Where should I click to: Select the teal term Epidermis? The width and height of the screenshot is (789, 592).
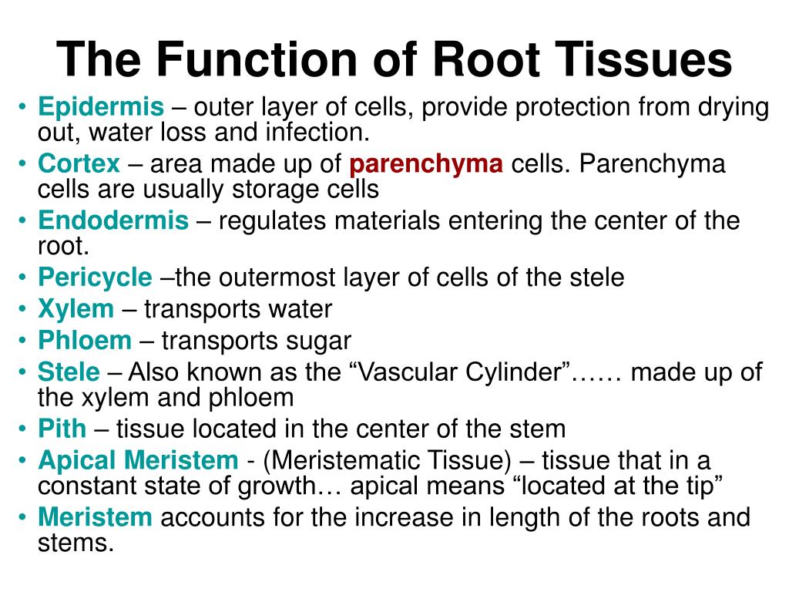tap(101, 108)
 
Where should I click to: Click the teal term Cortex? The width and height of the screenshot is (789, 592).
tap(79, 164)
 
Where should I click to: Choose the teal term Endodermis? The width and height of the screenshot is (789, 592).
tap(113, 221)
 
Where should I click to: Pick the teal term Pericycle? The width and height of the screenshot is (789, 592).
tap(96, 277)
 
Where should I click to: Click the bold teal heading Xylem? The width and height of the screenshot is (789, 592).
tap(76, 309)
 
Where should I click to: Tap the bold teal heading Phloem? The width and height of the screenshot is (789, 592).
tap(85, 340)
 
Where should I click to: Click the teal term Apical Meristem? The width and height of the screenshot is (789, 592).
tap(138, 460)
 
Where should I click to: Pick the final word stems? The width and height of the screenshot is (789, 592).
tap(75, 543)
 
